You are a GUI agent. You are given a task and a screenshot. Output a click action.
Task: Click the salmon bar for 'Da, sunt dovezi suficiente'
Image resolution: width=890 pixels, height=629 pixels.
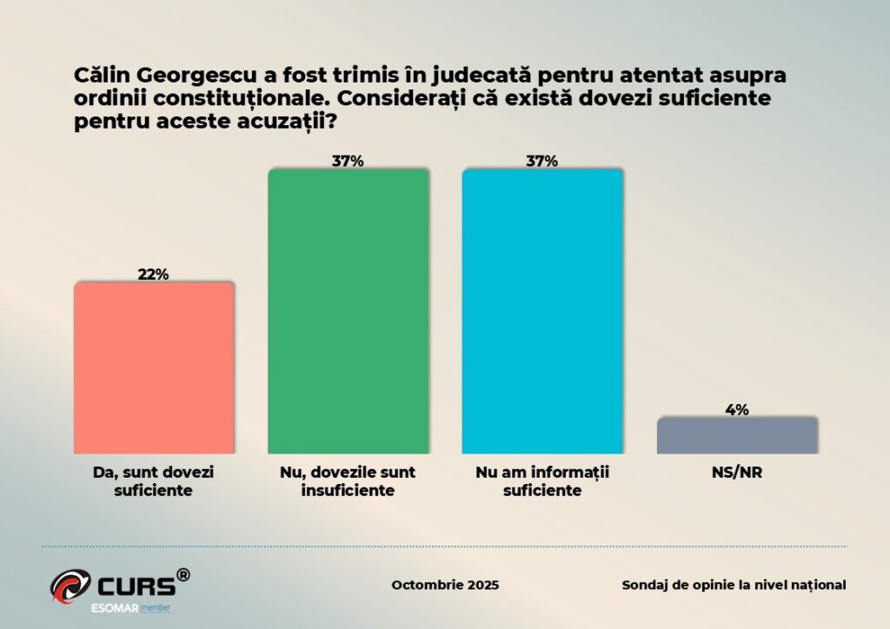point(153,367)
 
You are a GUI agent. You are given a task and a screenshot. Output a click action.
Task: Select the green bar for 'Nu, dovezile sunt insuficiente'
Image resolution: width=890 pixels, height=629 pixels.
point(348,310)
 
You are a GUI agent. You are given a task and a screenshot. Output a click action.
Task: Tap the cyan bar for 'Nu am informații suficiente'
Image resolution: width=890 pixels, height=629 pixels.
point(542,310)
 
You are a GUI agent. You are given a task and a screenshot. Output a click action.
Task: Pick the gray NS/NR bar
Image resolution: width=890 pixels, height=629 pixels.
point(737,435)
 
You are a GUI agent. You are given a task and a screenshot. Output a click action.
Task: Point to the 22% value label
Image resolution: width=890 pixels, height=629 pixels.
point(153,274)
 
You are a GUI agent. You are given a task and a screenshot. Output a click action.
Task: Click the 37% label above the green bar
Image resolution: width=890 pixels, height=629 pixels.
point(348,161)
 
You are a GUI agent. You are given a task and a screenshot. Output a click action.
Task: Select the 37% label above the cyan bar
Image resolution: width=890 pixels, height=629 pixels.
point(542,161)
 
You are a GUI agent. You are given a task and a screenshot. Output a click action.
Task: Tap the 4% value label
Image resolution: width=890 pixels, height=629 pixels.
point(737,409)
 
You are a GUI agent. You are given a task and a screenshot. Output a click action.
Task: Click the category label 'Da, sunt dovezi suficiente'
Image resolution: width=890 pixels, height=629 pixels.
point(153,481)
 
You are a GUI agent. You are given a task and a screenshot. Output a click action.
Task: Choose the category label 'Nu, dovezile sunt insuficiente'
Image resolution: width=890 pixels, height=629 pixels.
point(348,481)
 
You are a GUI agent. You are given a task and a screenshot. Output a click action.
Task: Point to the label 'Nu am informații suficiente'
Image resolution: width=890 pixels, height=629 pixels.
point(542,481)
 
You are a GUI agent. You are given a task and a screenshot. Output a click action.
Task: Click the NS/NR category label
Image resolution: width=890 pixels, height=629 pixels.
point(737,473)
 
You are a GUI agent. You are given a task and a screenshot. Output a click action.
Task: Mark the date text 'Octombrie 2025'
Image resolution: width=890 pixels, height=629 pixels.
point(445,585)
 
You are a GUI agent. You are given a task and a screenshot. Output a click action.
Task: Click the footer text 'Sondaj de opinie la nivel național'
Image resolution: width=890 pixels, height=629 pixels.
point(734,585)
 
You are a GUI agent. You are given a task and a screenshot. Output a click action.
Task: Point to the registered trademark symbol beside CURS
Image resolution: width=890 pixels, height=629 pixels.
point(183,574)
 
